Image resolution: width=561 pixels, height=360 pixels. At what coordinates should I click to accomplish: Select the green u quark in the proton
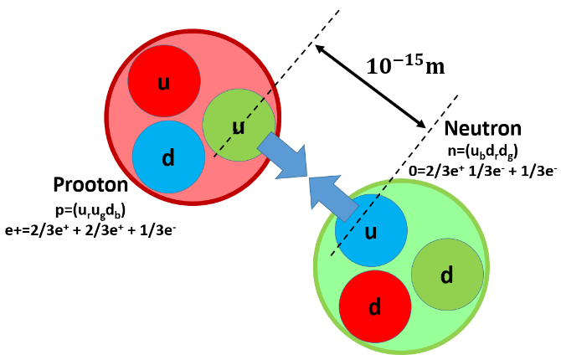pos(239,126)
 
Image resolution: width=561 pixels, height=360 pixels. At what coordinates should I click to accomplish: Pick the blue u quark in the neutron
pos(371,230)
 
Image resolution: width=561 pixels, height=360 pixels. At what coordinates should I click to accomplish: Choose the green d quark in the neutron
pos(447,275)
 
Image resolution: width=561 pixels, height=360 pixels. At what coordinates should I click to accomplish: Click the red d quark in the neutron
pos(376,306)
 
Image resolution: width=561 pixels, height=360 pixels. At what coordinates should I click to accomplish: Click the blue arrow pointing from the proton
pos(283,156)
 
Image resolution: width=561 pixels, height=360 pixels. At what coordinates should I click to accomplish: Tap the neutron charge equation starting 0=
pos(491,172)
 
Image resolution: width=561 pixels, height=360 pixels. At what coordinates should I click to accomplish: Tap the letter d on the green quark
pos(447,275)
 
